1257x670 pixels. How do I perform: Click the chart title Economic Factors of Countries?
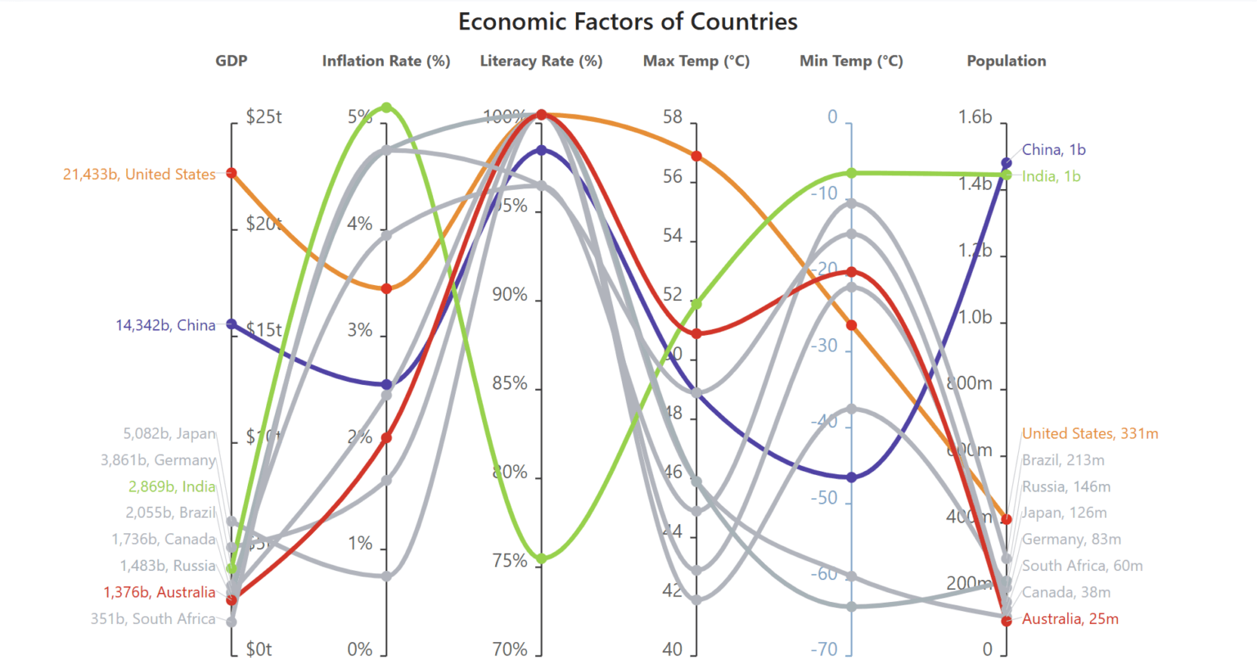pos(628,21)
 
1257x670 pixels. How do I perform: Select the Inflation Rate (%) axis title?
pos(385,61)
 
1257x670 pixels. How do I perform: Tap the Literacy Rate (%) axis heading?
pos(541,61)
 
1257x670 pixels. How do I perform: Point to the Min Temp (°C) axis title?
pos(851,61)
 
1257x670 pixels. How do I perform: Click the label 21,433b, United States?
pos(139,174)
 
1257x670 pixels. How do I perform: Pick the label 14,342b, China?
pos(165,325)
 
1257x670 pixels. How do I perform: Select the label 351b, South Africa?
pos(153,619)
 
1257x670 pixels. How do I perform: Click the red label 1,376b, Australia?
pos(160,592)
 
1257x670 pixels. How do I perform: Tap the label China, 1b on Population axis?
pos(1053,150)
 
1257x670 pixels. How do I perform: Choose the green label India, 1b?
pos(1051,176)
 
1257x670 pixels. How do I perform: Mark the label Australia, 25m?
pos(1070,619)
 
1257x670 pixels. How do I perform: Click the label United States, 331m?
pos(1090,433)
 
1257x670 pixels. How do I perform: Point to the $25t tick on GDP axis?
pos(264,117)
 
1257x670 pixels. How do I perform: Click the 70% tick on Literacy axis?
pos(510,650)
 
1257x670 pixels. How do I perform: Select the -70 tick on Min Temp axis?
pos(824,650)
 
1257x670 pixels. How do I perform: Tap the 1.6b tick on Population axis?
pos(975,117)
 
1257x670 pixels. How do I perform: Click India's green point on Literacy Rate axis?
pos(541,559)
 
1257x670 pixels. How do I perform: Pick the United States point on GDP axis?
pos(232,173)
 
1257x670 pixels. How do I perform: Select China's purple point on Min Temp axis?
pos(852,477)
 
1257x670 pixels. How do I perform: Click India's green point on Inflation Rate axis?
pos(386,107)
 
